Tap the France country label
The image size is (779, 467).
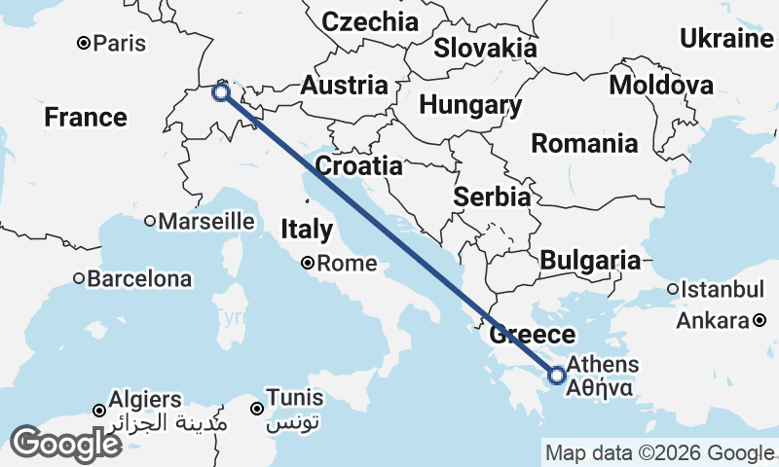pos(86,118)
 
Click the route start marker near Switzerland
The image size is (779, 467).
pos(221,92)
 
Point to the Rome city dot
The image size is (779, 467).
pos(307,262)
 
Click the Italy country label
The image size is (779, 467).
pos(307,230)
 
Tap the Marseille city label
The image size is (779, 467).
pos(205,221)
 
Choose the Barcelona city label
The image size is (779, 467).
pos(139,279)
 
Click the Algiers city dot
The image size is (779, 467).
pos(99,411)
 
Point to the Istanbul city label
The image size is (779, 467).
pos(723,289)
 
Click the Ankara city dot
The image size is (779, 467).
pos(760,319)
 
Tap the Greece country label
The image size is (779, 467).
pos(532,336)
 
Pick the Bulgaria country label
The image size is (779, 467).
pos(590,261)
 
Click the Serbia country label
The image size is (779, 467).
pos(492,197)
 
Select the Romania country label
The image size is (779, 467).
pos(584,145)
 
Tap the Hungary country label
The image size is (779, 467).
pos(471,105)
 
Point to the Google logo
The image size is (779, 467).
pos(65,444)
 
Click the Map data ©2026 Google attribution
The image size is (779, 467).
pos(659,453)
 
